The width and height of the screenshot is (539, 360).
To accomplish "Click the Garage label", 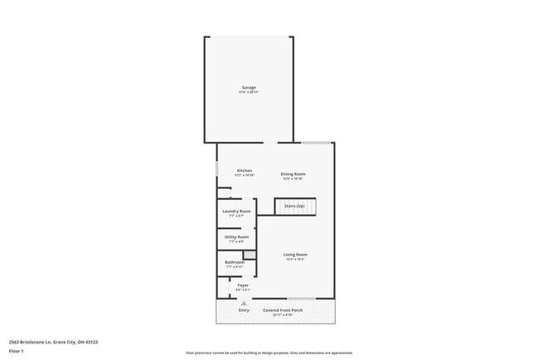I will [249, 87].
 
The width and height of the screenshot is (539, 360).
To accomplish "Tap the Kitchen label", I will [244, 170].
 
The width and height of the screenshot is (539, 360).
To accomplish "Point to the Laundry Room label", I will [236, 212].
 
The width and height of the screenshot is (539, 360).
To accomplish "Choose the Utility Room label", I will [236, 237].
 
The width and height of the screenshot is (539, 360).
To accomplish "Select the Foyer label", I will [243, 285].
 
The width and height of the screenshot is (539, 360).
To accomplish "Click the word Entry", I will [244, 310].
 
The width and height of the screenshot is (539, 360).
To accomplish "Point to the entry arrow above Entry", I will [244, 303].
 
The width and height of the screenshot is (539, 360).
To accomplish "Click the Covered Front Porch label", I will [283, 310].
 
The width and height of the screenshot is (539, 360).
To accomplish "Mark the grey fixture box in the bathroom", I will [249, 255].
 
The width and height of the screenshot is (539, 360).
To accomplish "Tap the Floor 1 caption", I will [17, 351].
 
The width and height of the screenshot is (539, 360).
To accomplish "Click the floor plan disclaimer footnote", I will [269, 353].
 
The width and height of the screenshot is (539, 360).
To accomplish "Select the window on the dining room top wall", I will [316, 143].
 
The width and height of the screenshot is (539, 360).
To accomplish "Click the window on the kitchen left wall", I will [217, 169].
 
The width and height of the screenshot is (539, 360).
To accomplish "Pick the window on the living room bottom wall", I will [301, 299].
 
